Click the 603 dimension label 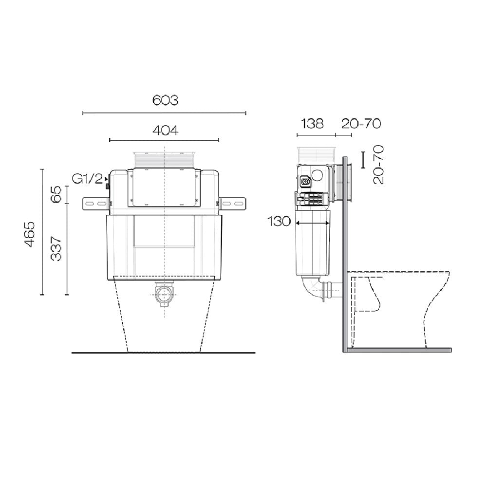tap(165, 100)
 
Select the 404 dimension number tap(165, 130)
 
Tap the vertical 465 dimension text tap(30, 234)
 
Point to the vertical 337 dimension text tap(56, 248)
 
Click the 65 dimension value tap(56, 194)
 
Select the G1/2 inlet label tap(88, 179)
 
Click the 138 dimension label tap(312, 124)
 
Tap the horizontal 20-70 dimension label tap(360, 124)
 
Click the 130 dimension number tap(278, 222)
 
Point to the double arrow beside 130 tap(313, 223)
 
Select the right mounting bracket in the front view tap(233, 203)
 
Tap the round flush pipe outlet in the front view tap(165, 294)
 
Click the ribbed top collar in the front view tap(165, 160)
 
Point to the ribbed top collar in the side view tap(316, 155)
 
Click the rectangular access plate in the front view tap(164, 187)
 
